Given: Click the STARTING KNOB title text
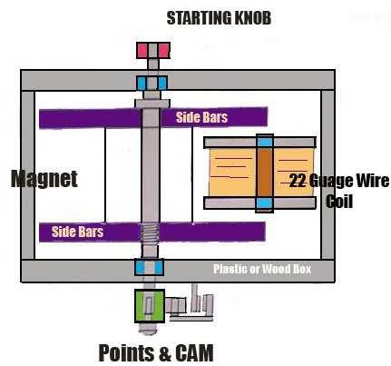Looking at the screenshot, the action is point(219,18).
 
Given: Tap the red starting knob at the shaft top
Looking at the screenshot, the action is point(153,50).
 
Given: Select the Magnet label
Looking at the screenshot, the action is point(44,179).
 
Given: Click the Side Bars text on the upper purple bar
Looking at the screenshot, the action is point(201,117).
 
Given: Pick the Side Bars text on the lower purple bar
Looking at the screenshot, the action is point(77,232).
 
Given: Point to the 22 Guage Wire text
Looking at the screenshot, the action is point(339,181).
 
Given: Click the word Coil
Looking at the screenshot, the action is point(339,202).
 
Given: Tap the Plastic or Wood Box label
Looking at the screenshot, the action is point(262,269).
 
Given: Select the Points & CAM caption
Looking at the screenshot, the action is point(156,352).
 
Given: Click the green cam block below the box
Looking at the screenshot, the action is point(150,306).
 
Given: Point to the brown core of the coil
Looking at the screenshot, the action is point(265,173).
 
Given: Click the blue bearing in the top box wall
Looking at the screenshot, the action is point(152,84).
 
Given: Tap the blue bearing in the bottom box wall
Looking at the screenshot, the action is point(150,268).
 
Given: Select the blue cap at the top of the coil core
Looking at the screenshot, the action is point(265,142).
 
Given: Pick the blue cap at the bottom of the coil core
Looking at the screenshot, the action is point(265,203).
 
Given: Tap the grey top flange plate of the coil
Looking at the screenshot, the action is point(259,143).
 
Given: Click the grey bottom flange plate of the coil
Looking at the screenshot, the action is point(259,203).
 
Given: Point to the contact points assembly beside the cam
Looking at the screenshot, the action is point(191,305).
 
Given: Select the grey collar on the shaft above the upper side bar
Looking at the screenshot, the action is point(152,104).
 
